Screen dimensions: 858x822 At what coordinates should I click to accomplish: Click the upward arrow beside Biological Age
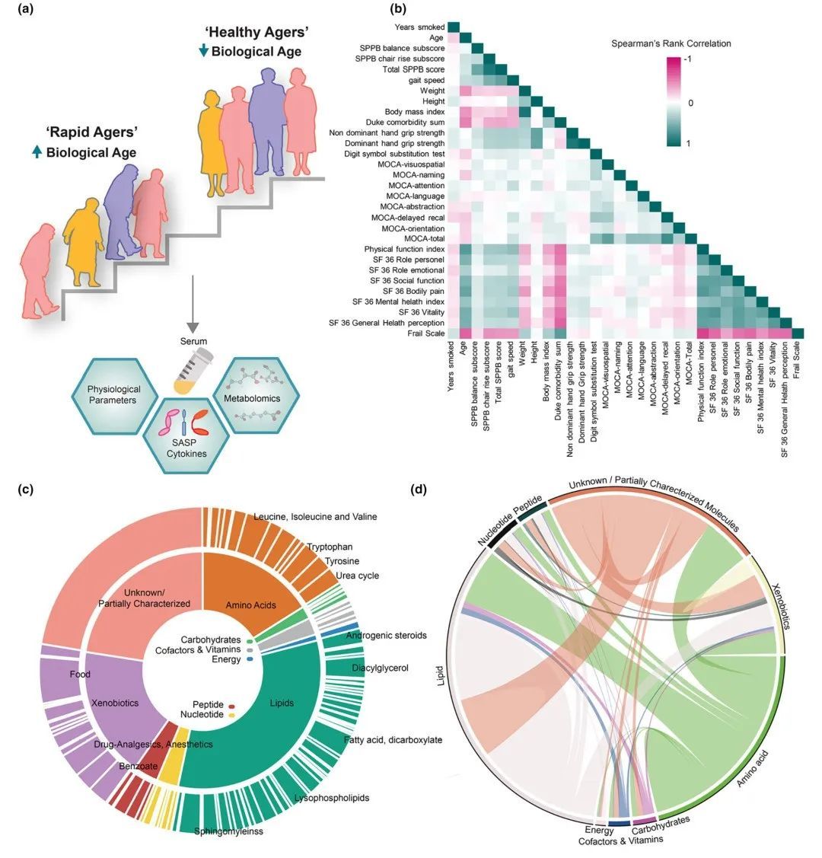click(36, 152)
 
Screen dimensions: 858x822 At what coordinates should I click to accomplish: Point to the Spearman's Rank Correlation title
click(671, 43)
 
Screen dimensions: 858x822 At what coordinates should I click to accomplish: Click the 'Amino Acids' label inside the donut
click(251, 605)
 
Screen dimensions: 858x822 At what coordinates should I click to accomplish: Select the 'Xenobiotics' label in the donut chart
click(114, 703)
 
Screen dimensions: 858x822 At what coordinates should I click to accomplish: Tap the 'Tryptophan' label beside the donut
click(330, 547)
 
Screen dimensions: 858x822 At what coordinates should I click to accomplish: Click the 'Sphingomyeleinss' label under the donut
click(228, 831)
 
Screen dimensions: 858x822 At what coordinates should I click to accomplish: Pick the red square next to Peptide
click(231, 705)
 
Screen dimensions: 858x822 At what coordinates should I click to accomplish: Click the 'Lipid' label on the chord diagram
click(442, 677)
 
